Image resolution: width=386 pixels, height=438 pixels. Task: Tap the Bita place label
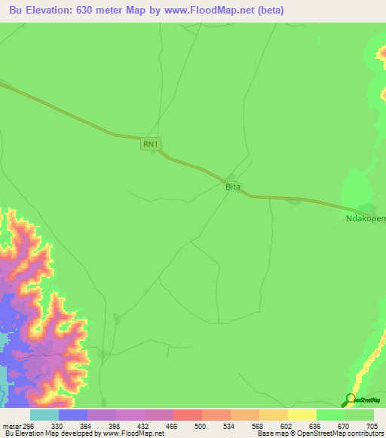coord(233,185)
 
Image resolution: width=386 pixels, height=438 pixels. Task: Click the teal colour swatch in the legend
coord(44,415)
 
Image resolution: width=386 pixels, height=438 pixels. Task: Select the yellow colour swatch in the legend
coord(302,415)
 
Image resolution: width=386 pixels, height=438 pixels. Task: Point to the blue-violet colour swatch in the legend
coord(73,415)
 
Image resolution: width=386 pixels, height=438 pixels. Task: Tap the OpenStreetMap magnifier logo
coord(351,399)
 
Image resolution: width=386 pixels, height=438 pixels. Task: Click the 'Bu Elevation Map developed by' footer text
coord(51,433)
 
